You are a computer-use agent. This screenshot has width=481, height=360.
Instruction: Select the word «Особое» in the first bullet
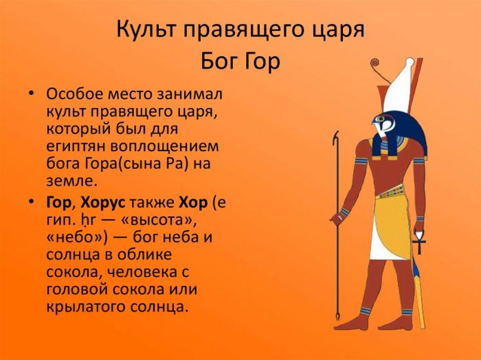coord(74,94)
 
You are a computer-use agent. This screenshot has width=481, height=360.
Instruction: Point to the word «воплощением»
coord(164,146)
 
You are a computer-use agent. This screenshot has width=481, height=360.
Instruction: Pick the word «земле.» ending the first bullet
coord(71,181)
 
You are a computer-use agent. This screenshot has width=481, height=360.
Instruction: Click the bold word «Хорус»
coord(103,203)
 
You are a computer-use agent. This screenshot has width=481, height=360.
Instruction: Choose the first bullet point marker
coord(31,93)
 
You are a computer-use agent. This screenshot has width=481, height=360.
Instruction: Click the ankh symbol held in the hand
coord(419,243)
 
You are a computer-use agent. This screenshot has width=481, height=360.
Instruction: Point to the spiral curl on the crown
coord(375,63)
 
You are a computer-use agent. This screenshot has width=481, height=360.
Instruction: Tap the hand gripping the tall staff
coord(338,218)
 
